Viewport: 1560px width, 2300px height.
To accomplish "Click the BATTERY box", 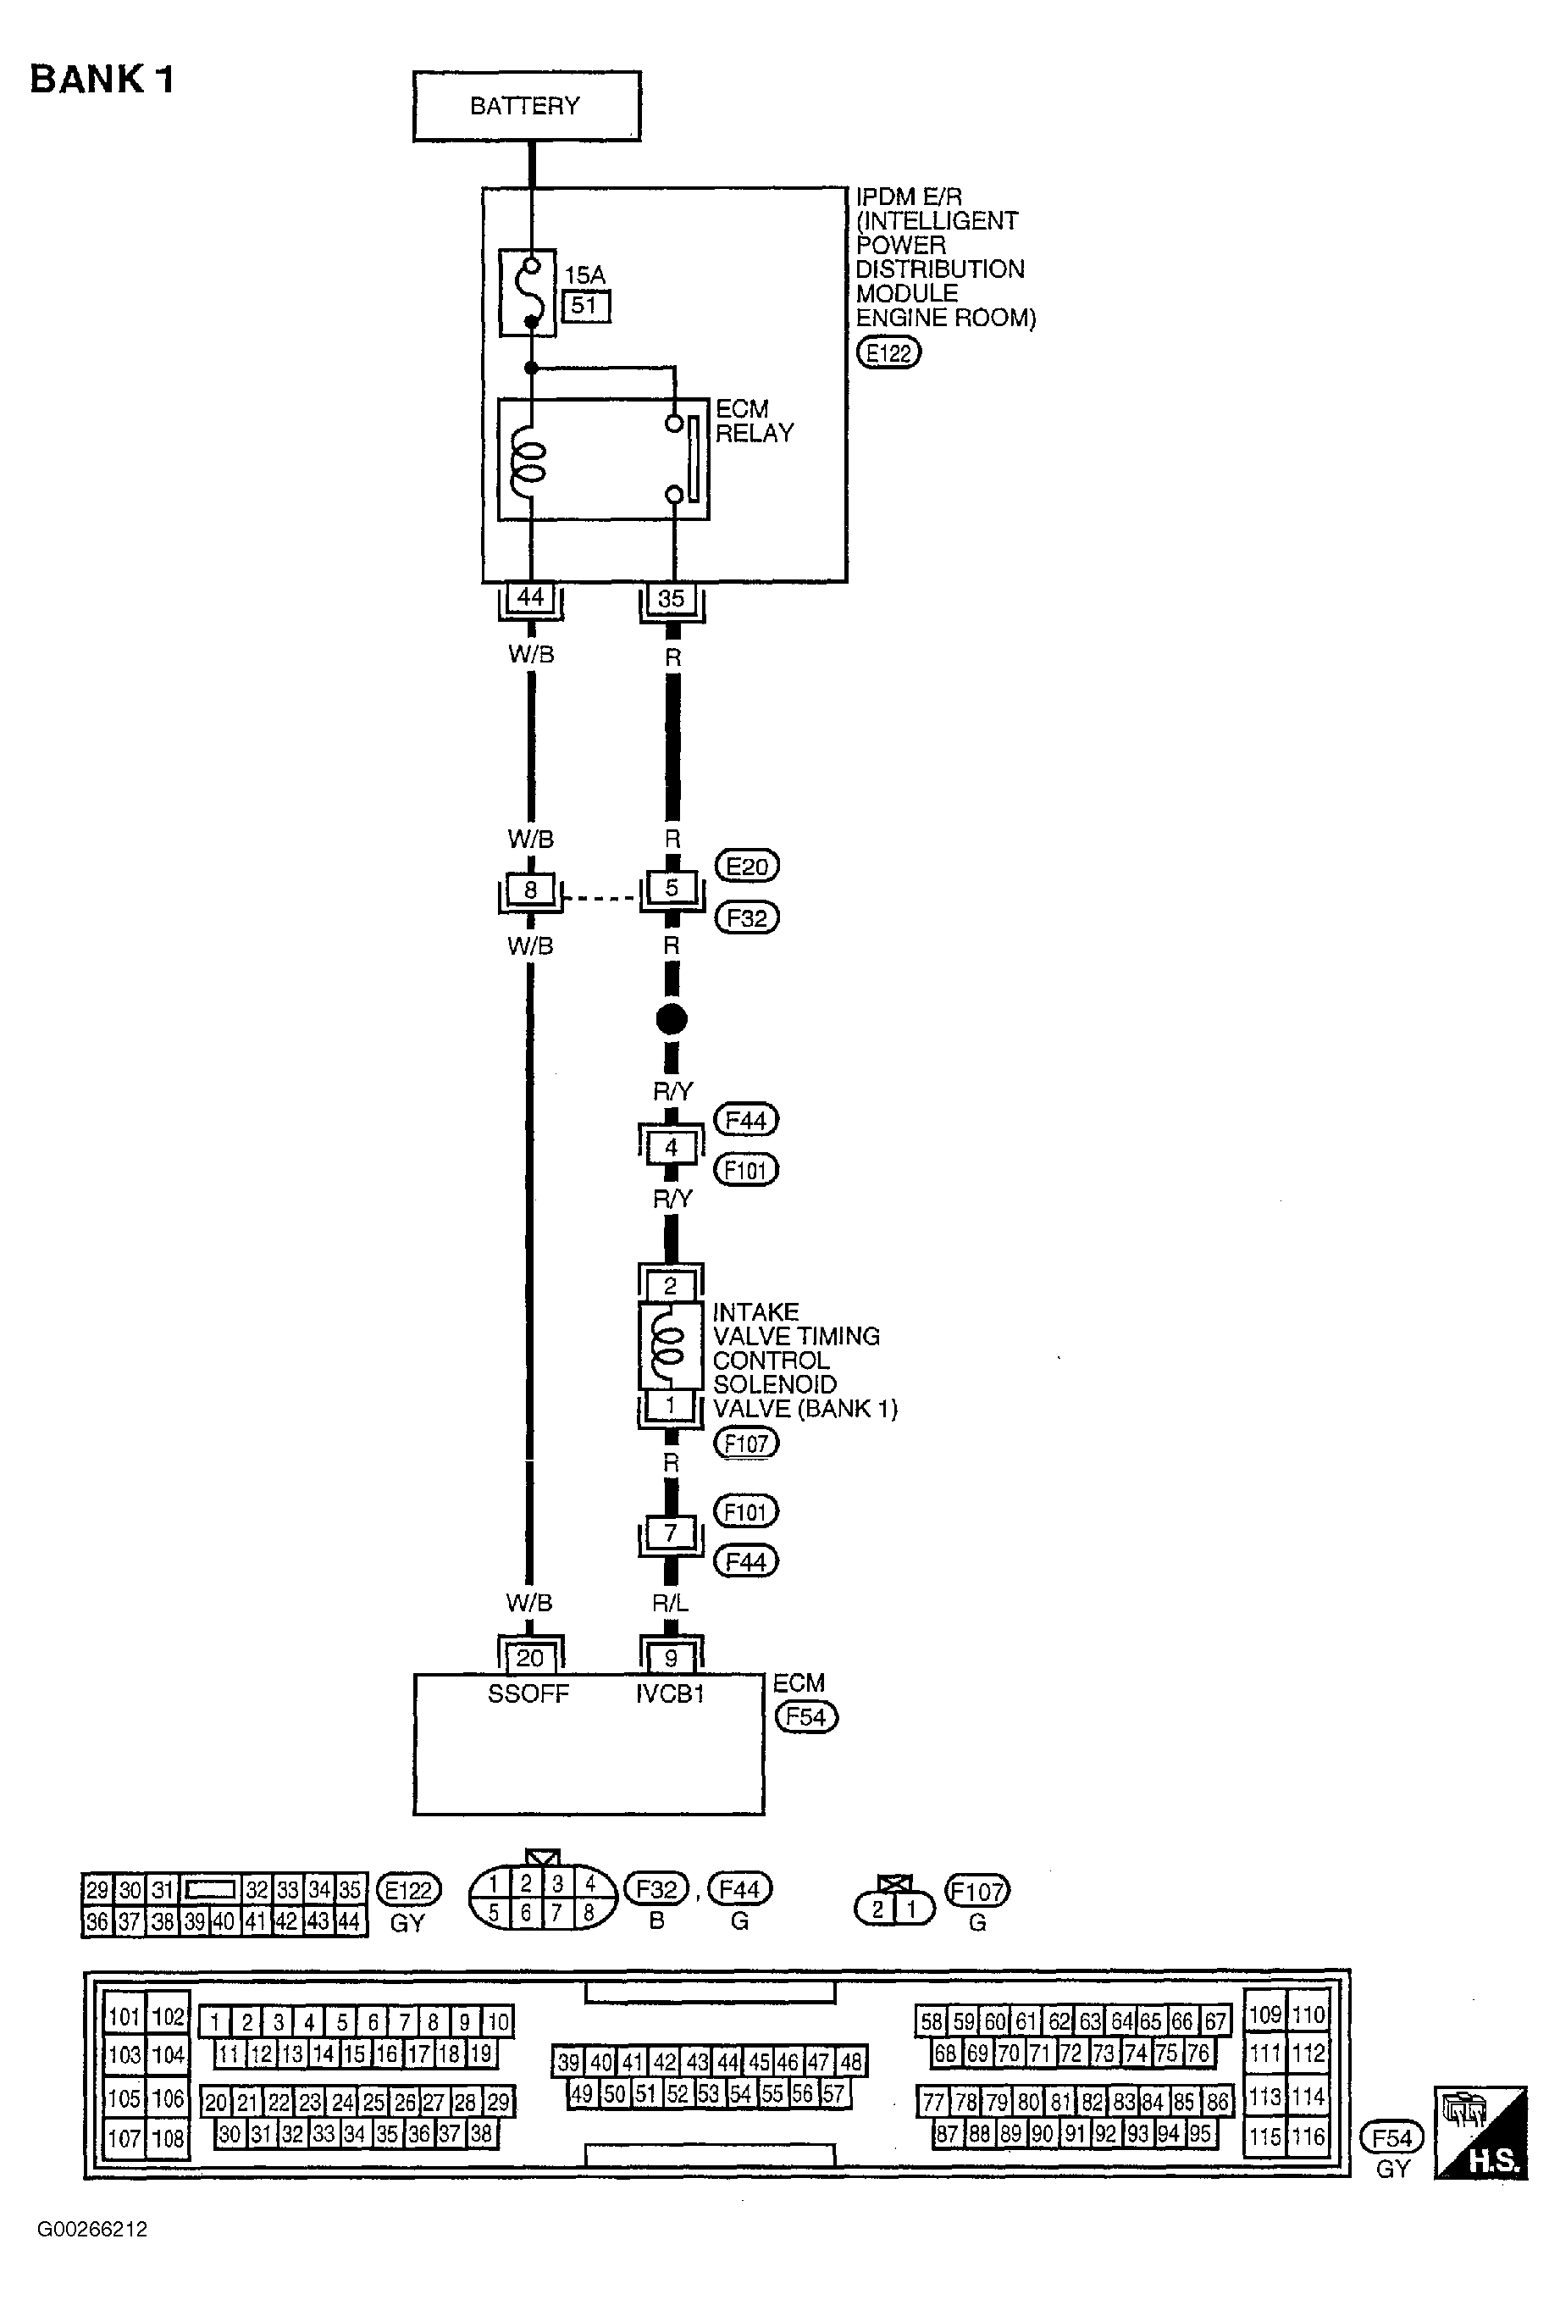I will tap(526, 106).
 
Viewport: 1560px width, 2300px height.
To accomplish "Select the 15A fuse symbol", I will tap(528, 294).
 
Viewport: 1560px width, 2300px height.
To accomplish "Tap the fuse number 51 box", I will tap(585, 306).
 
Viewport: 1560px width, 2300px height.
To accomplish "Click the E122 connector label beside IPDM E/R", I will tap(888, 353).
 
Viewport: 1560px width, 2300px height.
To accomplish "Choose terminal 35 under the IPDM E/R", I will tap(672, 598).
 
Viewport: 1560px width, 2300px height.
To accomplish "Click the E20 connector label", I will tap(747, 867).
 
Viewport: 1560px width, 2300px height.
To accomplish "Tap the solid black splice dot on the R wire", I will tap(672, 1019).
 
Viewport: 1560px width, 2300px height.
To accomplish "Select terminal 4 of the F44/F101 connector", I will tap(672, 1147).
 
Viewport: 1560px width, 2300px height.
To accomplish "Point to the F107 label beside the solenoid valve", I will tap(746, 1444).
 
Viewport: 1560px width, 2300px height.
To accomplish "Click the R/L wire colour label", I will tap(671, 1602).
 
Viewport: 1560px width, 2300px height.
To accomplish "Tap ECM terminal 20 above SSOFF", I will tap(530, 1658).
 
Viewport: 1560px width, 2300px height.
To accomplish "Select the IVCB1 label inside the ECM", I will tap(670, 1694).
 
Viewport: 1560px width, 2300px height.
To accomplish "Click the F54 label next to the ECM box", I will tap(805, 1716).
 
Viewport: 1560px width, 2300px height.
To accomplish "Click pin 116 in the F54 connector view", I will tap(1308, 2137).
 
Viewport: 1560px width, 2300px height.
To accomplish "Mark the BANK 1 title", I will tap(102, 79).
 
